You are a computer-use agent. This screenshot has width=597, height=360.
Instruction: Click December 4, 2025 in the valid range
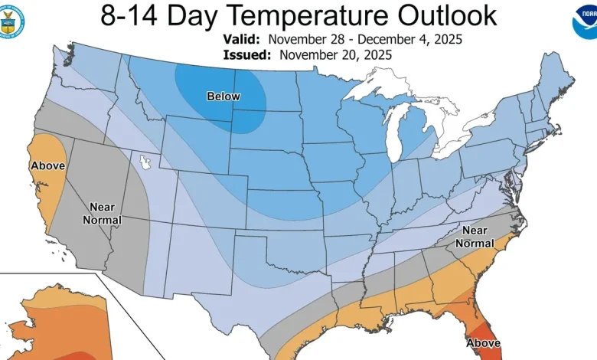[x=421, y=38]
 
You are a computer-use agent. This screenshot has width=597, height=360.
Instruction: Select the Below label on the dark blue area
[x=223, y=96]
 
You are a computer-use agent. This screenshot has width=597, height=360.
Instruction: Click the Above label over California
[x=47, y=165]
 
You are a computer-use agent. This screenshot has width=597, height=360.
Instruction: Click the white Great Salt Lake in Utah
[x=144, y=162]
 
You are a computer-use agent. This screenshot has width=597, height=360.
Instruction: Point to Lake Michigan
[x=395, y=130]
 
